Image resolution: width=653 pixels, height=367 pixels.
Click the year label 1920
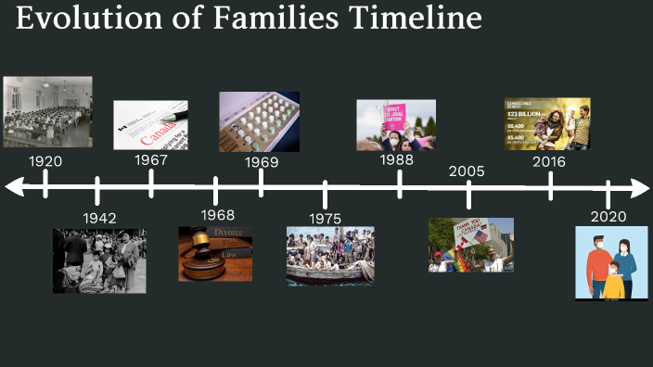(45, 161)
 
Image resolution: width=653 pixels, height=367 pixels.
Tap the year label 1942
(99, 218)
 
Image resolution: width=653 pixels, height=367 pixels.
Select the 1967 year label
(150, 159)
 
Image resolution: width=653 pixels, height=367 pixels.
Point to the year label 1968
(217, 216)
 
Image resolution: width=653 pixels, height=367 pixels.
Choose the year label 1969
(262, 162)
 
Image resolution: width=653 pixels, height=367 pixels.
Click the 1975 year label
(326, 219)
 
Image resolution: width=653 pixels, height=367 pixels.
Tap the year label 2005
(467, 171)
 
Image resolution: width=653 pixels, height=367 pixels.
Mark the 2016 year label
(549, 161)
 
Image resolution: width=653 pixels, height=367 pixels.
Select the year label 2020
(608, 217)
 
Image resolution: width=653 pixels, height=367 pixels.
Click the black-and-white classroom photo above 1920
(47, 112)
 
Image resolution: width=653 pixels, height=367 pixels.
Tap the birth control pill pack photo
(259, 121)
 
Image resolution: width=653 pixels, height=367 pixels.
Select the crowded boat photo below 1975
(330, 255)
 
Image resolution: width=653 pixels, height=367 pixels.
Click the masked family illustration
(611, 263)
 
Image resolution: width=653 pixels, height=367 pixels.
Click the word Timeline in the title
(405, 19)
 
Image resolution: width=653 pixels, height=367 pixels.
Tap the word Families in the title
(251, 19)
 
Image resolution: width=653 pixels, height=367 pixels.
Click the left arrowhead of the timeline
(13, 188)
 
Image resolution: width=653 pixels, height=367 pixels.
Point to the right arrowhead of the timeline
(642, 188)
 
